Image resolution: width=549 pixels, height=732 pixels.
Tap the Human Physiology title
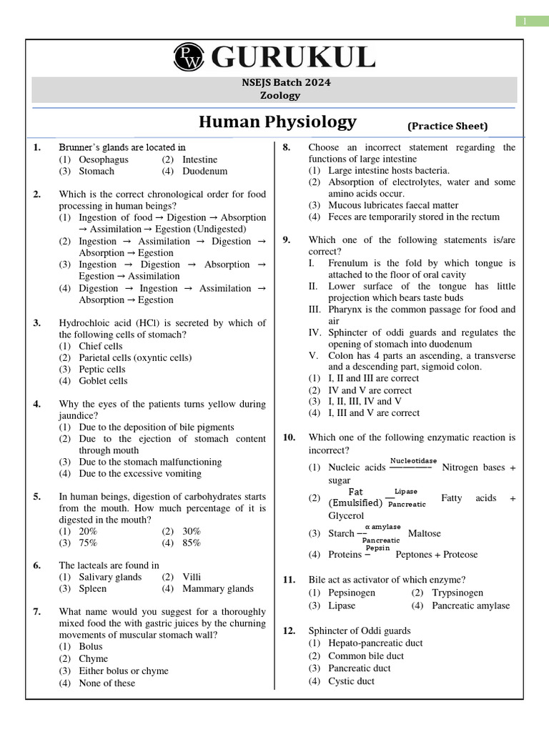click(x=277, y=122)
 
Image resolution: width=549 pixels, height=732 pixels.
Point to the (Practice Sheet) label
click(x=447, y=127)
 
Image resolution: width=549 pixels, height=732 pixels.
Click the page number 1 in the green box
click(x=533, y=21)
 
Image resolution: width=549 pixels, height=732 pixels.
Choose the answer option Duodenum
click(x=204, y=172)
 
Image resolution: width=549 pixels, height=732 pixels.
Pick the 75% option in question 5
click(x=88, y=543)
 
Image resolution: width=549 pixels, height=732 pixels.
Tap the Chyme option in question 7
click(x=93, y=659)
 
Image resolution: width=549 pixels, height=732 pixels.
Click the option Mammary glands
click(x=217, y=589)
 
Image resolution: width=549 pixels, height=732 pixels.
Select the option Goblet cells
click(x=103, y=381)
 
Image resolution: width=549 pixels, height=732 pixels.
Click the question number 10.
click(x=289, y=437)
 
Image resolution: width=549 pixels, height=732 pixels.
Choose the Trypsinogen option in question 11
click(x=457, y=593)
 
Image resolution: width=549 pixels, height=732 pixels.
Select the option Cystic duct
click(x=351, y=681)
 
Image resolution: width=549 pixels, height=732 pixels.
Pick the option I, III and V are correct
click(x=374, y=413)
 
